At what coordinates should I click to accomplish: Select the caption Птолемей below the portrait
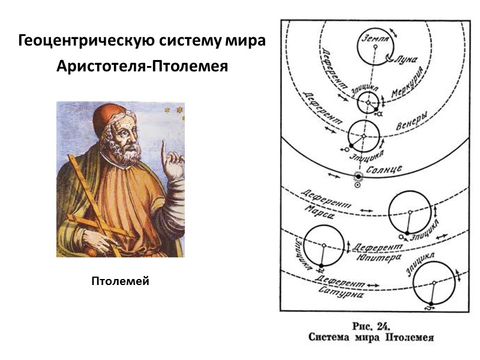(120, 281)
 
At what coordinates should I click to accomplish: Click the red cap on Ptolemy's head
(108, 113)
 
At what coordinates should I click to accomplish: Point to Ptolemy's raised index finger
(163, 147)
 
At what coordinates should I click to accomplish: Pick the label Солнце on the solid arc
(385, 169)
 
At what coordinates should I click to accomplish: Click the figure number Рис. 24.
(371, 327)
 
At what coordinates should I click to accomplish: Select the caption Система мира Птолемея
(371, 338)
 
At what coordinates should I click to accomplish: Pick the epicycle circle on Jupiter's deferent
(324, 247)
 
